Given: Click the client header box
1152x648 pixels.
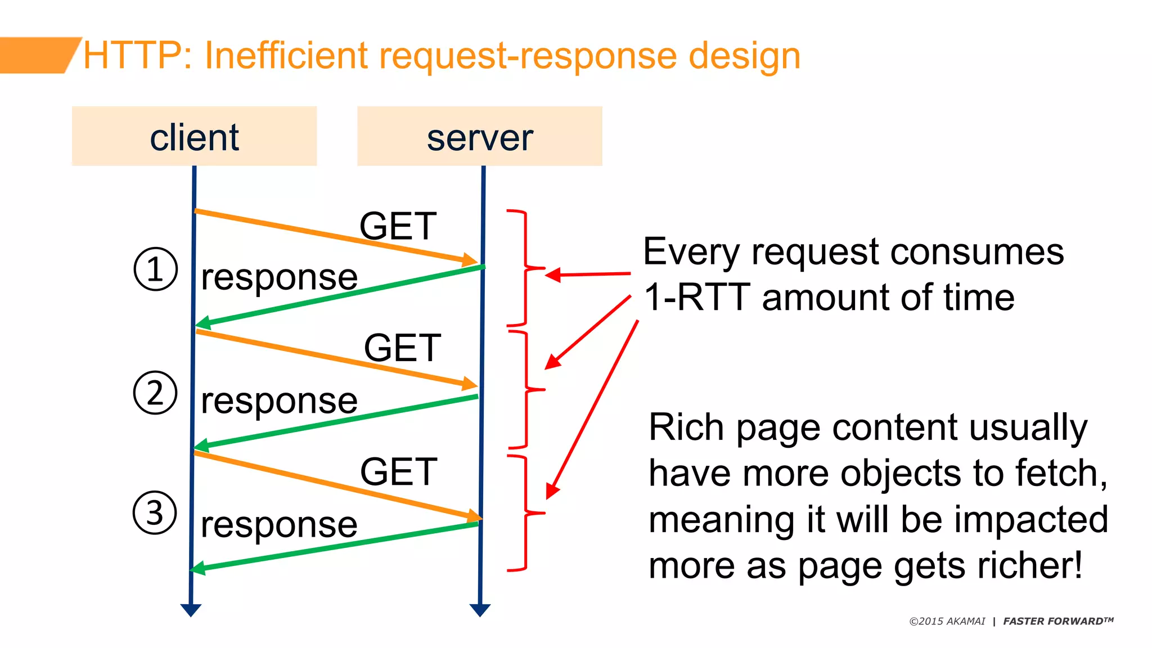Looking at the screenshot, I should [194, 136].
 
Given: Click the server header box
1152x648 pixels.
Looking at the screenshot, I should [479, 136].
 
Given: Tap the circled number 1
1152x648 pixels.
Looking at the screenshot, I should [156, 269].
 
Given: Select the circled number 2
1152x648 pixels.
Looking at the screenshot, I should [155, 393].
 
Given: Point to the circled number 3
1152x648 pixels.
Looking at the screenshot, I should [155, 512].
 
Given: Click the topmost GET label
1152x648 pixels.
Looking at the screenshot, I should [398, 226].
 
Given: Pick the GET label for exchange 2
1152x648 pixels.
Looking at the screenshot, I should [403, 348].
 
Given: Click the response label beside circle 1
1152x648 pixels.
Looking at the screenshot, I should [279, 277].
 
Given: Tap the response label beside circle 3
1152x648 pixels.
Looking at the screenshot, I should [279, 525].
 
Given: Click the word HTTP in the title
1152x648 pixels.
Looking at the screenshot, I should [132, 56].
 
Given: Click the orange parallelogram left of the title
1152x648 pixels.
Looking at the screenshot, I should [37, 55].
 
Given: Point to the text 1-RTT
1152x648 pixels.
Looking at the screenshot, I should [697, 297].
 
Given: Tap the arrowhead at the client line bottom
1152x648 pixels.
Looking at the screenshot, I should [191, 610].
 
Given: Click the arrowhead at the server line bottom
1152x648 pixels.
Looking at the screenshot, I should [480, 610].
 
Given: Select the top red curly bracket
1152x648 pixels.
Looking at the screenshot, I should [525, 268].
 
